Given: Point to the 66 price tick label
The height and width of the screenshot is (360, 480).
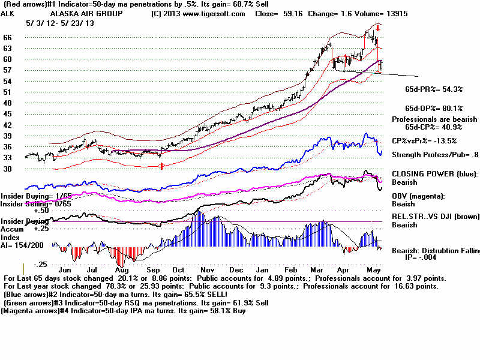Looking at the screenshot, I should tap(7, 37).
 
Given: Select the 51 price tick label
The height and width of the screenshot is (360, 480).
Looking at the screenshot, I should tap(7, 92).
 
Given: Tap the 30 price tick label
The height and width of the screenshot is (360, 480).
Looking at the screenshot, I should tap(7, 169).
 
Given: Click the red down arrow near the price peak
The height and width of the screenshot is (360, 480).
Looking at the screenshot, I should tap(378, 28).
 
